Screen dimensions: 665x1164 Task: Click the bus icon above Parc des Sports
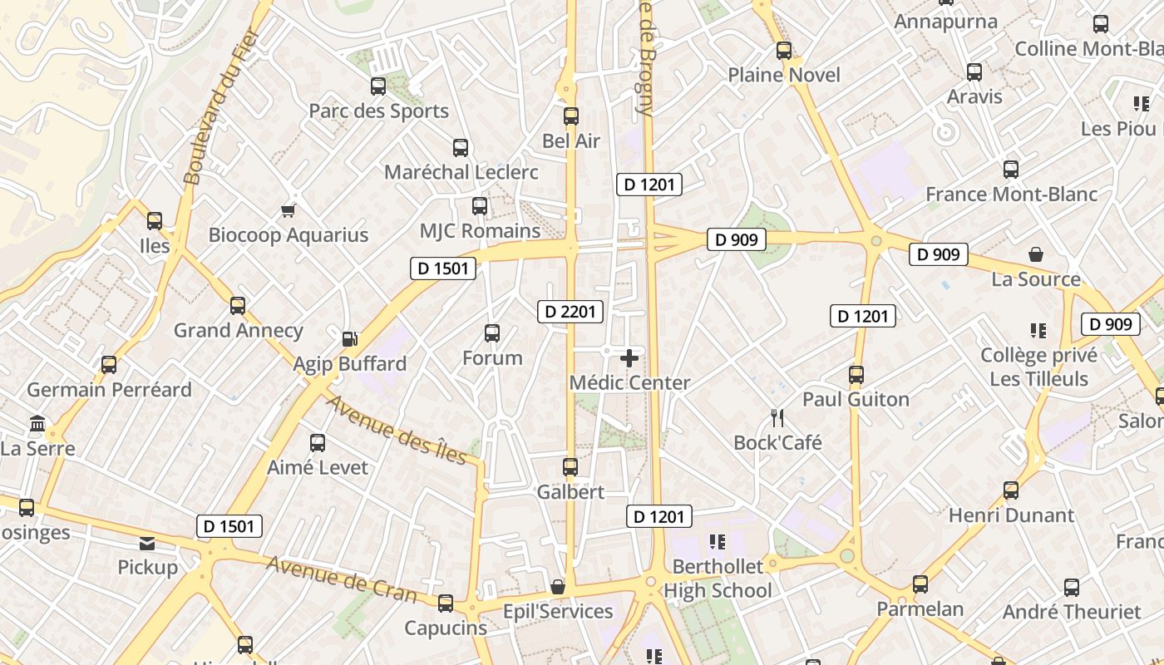[x=378, y=86]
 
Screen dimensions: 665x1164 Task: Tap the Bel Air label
[x=571, y=141]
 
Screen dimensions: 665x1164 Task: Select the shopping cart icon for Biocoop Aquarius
[x=289, y=210]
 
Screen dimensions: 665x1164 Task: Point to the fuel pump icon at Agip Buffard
[x=350, y=339]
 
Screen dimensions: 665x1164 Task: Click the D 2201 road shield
[x=570, y=312]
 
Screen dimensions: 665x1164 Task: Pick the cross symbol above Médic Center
[x=630, y=358]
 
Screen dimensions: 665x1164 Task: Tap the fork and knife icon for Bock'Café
[x=777, y=417]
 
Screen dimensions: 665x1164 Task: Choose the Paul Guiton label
[x=856, y=400]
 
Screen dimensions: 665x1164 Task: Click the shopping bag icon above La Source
[x=1036, y=254]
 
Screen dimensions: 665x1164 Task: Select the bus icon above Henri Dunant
[x=1011, y=490]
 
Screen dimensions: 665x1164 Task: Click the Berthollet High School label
[x=718, y=579]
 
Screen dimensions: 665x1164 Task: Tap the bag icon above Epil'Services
[x=558, y=587]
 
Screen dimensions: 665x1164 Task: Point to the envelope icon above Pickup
[x=147, y=544]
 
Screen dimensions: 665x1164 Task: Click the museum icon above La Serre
[x=37, y=424]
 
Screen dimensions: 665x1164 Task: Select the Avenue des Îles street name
[x=396, y=429]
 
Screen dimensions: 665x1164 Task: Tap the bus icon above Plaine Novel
[x=784, y=51]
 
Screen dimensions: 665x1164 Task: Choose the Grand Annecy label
[x=238, y=331]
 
